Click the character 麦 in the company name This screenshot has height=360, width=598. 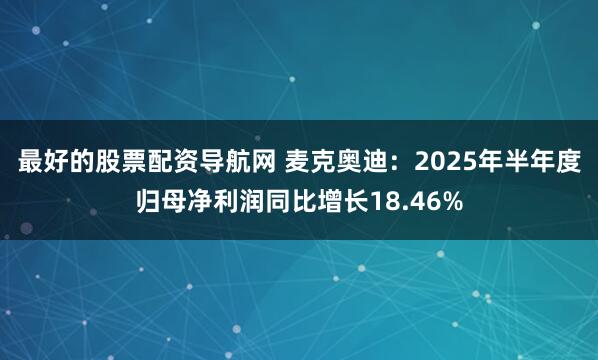[x=299, y=161]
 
